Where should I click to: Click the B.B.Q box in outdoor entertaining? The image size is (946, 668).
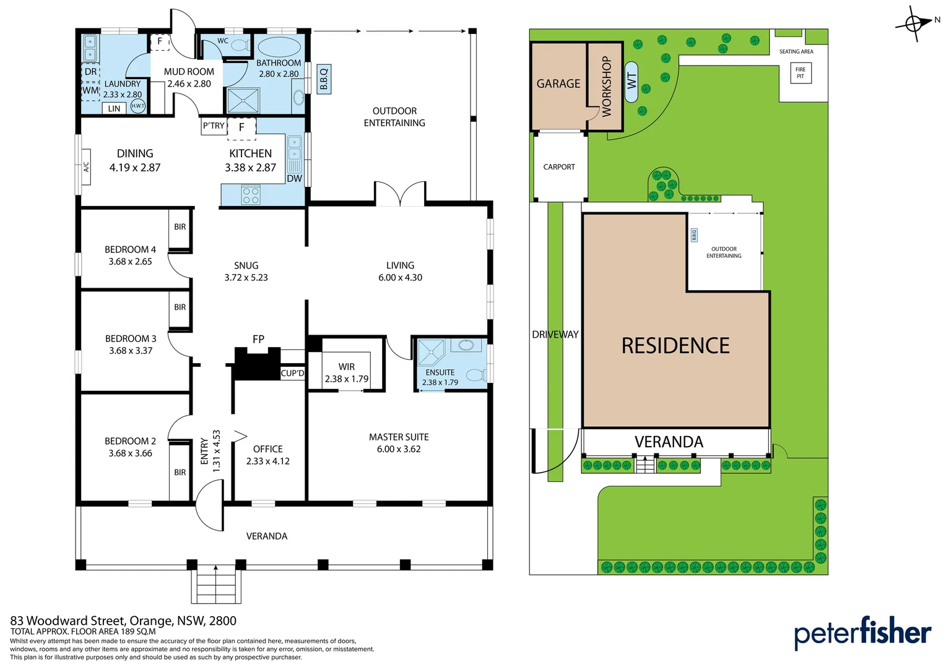(323, 79)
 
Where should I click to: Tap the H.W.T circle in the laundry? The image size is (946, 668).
(137, 106)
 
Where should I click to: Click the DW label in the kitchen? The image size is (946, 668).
(294, 178)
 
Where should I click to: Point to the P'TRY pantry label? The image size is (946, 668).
(214, 126)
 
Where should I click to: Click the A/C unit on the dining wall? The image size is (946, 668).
(86, 167)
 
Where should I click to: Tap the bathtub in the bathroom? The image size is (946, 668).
(278, 47)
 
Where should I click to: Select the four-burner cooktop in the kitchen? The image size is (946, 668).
(251, 195)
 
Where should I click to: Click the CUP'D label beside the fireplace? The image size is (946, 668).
(292, 373)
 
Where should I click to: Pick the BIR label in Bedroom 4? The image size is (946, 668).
(180, 227)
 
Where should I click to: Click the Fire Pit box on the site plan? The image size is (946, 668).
(801, 73)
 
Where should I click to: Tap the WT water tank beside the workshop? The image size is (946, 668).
(631, 81)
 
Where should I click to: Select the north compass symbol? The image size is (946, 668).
(914, 24)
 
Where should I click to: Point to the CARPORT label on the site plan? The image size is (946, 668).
(559, 167)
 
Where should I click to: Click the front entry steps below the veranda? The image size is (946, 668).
(215, 584)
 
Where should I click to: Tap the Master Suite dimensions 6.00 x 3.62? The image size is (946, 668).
(399, 449)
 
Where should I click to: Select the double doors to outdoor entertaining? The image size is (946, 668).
(400, 194)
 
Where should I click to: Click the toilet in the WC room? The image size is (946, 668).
(240, 45)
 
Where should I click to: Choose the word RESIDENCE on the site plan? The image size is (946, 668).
(675, 346)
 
